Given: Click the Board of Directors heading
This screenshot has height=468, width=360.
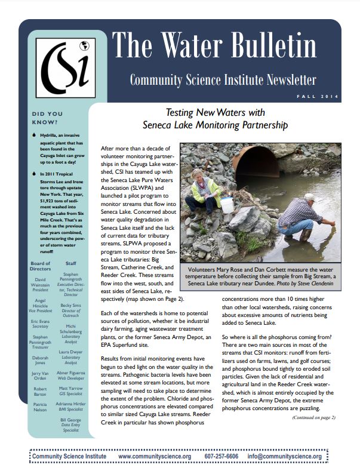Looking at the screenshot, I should tap(40, 266).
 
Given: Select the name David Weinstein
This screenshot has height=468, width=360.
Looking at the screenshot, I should tap(40, 282).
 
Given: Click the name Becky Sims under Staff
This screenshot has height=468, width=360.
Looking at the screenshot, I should tap(70, 304).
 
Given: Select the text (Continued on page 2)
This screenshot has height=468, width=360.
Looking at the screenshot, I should tap(314, 417).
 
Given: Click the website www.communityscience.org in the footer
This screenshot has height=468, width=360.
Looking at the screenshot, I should tap(155, 457).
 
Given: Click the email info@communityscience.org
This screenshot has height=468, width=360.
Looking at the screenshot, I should tap(284, 457).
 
